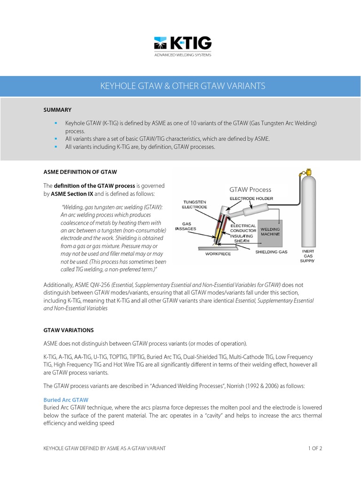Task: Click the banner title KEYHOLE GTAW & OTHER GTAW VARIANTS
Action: [183, 86]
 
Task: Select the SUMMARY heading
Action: [57, 110]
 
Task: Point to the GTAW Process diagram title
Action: [250, 190]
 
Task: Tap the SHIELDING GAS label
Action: [271, 252]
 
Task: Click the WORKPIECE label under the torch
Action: [219, 254]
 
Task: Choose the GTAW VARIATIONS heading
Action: [69, 330]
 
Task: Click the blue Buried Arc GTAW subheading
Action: [66, 399]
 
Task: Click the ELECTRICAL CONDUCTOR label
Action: [243, 228]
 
